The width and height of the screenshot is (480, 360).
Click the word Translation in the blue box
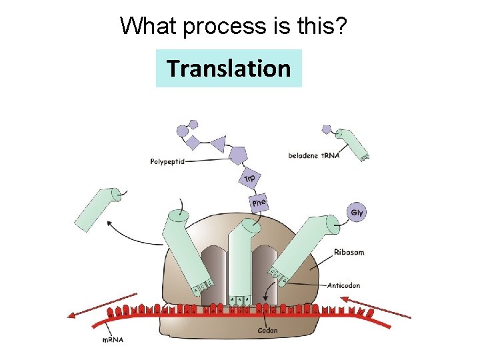pyautogui.click(x=229, y=68)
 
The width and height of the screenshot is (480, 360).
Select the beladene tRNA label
pyautogui.click(x=314, y=156)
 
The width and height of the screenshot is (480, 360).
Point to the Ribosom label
pyautogui.click(x=349, y=253)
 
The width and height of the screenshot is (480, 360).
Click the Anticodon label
pyautogui.click(x=344, y=285)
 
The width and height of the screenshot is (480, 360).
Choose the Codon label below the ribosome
pyautogui.click(x=268, y=330)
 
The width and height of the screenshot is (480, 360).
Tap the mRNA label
pyautogui.click(x=112, y=340)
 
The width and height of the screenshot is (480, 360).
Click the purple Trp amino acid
pyautogui.click(x=249, y=179)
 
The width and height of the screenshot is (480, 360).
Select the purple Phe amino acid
pyautogui.click(x=259, y=201)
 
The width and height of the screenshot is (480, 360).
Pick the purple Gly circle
pyautogui.click(x=357, y=213)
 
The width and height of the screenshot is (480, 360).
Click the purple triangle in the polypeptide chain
pyautogui.click(x=217, y=143)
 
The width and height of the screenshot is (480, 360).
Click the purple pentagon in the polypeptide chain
pyautogui.click(x=238, y=155)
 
